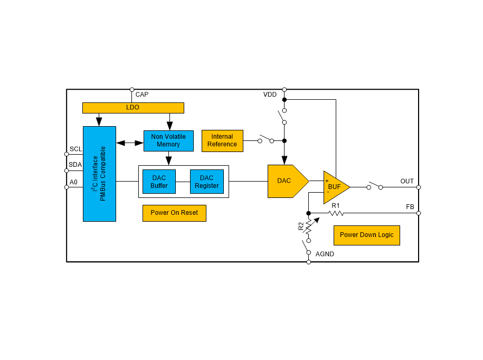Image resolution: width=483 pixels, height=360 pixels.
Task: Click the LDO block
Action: (133, 108)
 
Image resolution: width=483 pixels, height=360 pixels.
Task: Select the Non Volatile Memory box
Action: (168, 140)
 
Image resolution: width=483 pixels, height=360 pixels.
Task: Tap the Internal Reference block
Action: (222, 141)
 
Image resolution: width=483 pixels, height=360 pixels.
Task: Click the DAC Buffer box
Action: (159, 182)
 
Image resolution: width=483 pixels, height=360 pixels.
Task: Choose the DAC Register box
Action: (206, 182)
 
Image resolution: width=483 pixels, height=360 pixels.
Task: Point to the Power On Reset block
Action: (174, 213)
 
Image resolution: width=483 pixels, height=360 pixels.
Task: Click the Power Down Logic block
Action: (366, 235)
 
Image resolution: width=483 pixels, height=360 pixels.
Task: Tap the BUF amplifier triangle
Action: (335, 187)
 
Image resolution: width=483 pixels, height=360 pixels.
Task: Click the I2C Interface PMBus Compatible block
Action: (99, 174)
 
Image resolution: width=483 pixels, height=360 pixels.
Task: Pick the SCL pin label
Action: (75, 149)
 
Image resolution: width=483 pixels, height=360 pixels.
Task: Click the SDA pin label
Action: (75, 165)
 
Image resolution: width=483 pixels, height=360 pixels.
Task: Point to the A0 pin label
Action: (73, 182)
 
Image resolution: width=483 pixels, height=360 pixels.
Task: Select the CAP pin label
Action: (142, 94)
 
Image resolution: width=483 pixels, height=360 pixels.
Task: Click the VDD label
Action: (270, 94)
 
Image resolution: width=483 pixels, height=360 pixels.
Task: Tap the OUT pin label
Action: (407, 182)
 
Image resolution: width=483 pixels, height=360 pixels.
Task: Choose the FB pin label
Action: (410, 207)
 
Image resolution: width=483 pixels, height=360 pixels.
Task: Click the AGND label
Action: (325, 254)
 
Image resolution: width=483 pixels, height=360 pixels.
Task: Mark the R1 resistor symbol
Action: (336, 213)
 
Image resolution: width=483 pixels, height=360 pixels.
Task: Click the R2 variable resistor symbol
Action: (309, 226)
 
